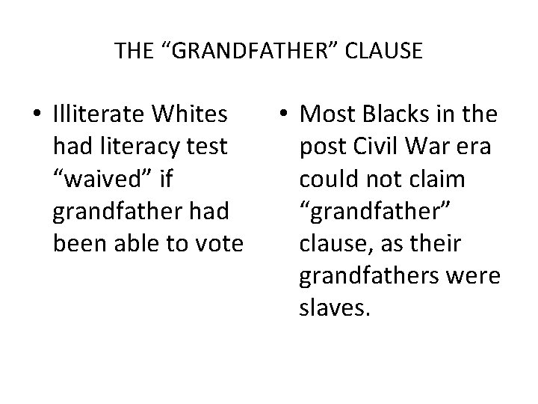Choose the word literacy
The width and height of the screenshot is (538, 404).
point(146,147)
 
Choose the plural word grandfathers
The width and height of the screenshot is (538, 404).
point(371,277)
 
